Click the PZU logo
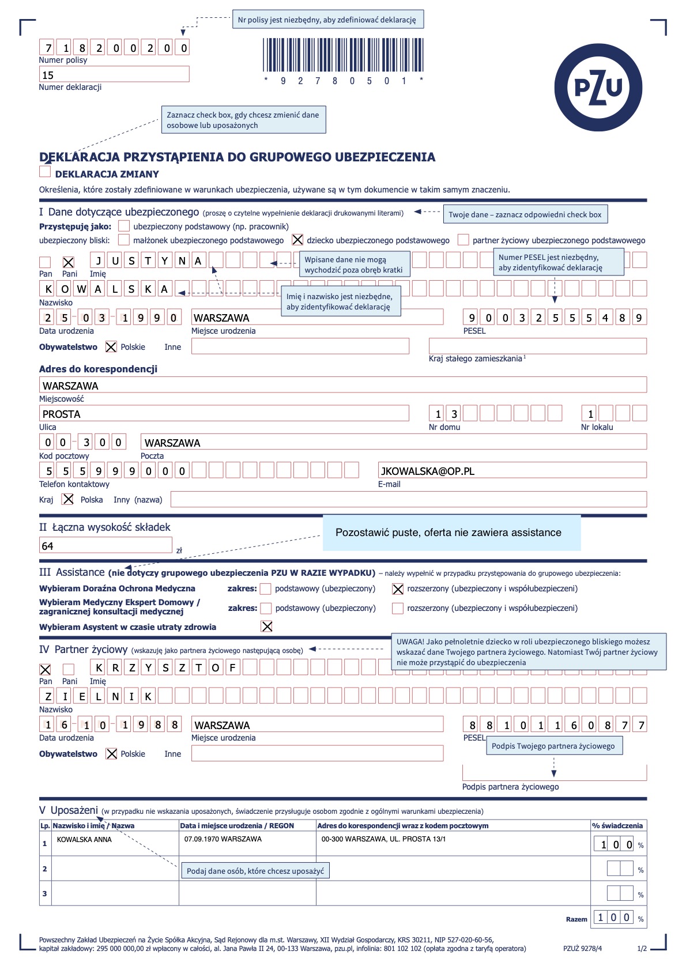coord(598,88)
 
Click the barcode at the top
coord(344,55)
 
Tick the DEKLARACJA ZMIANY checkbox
coord(45,172)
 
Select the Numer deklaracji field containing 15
coord(114,74)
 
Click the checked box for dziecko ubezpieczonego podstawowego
coord(297,240)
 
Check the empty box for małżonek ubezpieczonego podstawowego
coord(123,240)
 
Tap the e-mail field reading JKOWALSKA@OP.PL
coord(512,470)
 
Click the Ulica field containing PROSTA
coord(224,413)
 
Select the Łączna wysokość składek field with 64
coord(105,545)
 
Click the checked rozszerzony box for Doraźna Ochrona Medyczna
coord(398,589)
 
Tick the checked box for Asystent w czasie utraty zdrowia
coord(267,626)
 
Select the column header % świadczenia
coord(617,825)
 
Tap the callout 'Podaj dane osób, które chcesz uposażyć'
coord(255,871)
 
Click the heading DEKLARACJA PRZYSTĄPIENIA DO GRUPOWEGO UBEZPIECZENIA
coord(237,157)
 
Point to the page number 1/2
coord(642,949)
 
